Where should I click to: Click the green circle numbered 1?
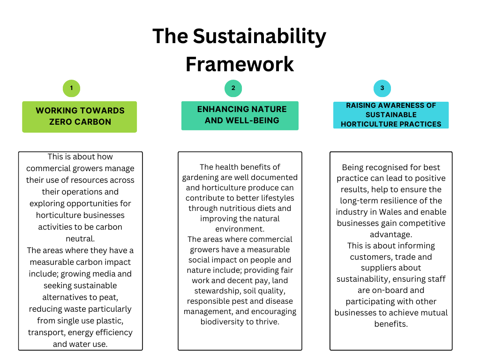pos(71,88)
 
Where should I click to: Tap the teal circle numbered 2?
pos(233,88)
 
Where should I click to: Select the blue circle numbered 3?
pos(382,88)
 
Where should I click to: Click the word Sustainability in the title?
pos(259,37)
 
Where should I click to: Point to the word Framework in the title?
pos(240,64)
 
